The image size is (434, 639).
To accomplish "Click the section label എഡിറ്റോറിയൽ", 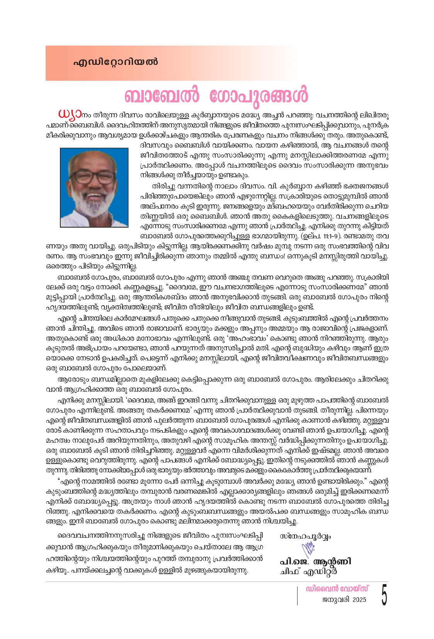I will [116, 62].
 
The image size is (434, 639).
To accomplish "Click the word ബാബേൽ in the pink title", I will [162, 95].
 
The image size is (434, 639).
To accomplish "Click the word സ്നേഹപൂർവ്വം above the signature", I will [305, 536].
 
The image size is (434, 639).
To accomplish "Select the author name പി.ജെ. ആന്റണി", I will [315, 561].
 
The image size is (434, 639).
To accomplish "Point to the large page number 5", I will [384, 595].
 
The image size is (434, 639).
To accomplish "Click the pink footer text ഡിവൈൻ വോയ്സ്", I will [337, 589].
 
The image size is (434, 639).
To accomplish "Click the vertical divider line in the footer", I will [297, 595].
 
